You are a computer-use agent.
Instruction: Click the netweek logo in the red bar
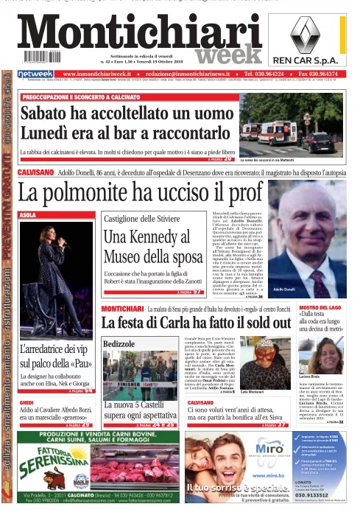(x=36, y=74)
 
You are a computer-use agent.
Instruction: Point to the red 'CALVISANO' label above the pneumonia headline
(x=35, y=172)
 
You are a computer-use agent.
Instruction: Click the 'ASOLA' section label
(x=27, y=215)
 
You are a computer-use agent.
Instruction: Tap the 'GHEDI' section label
(x=27, y=403)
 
